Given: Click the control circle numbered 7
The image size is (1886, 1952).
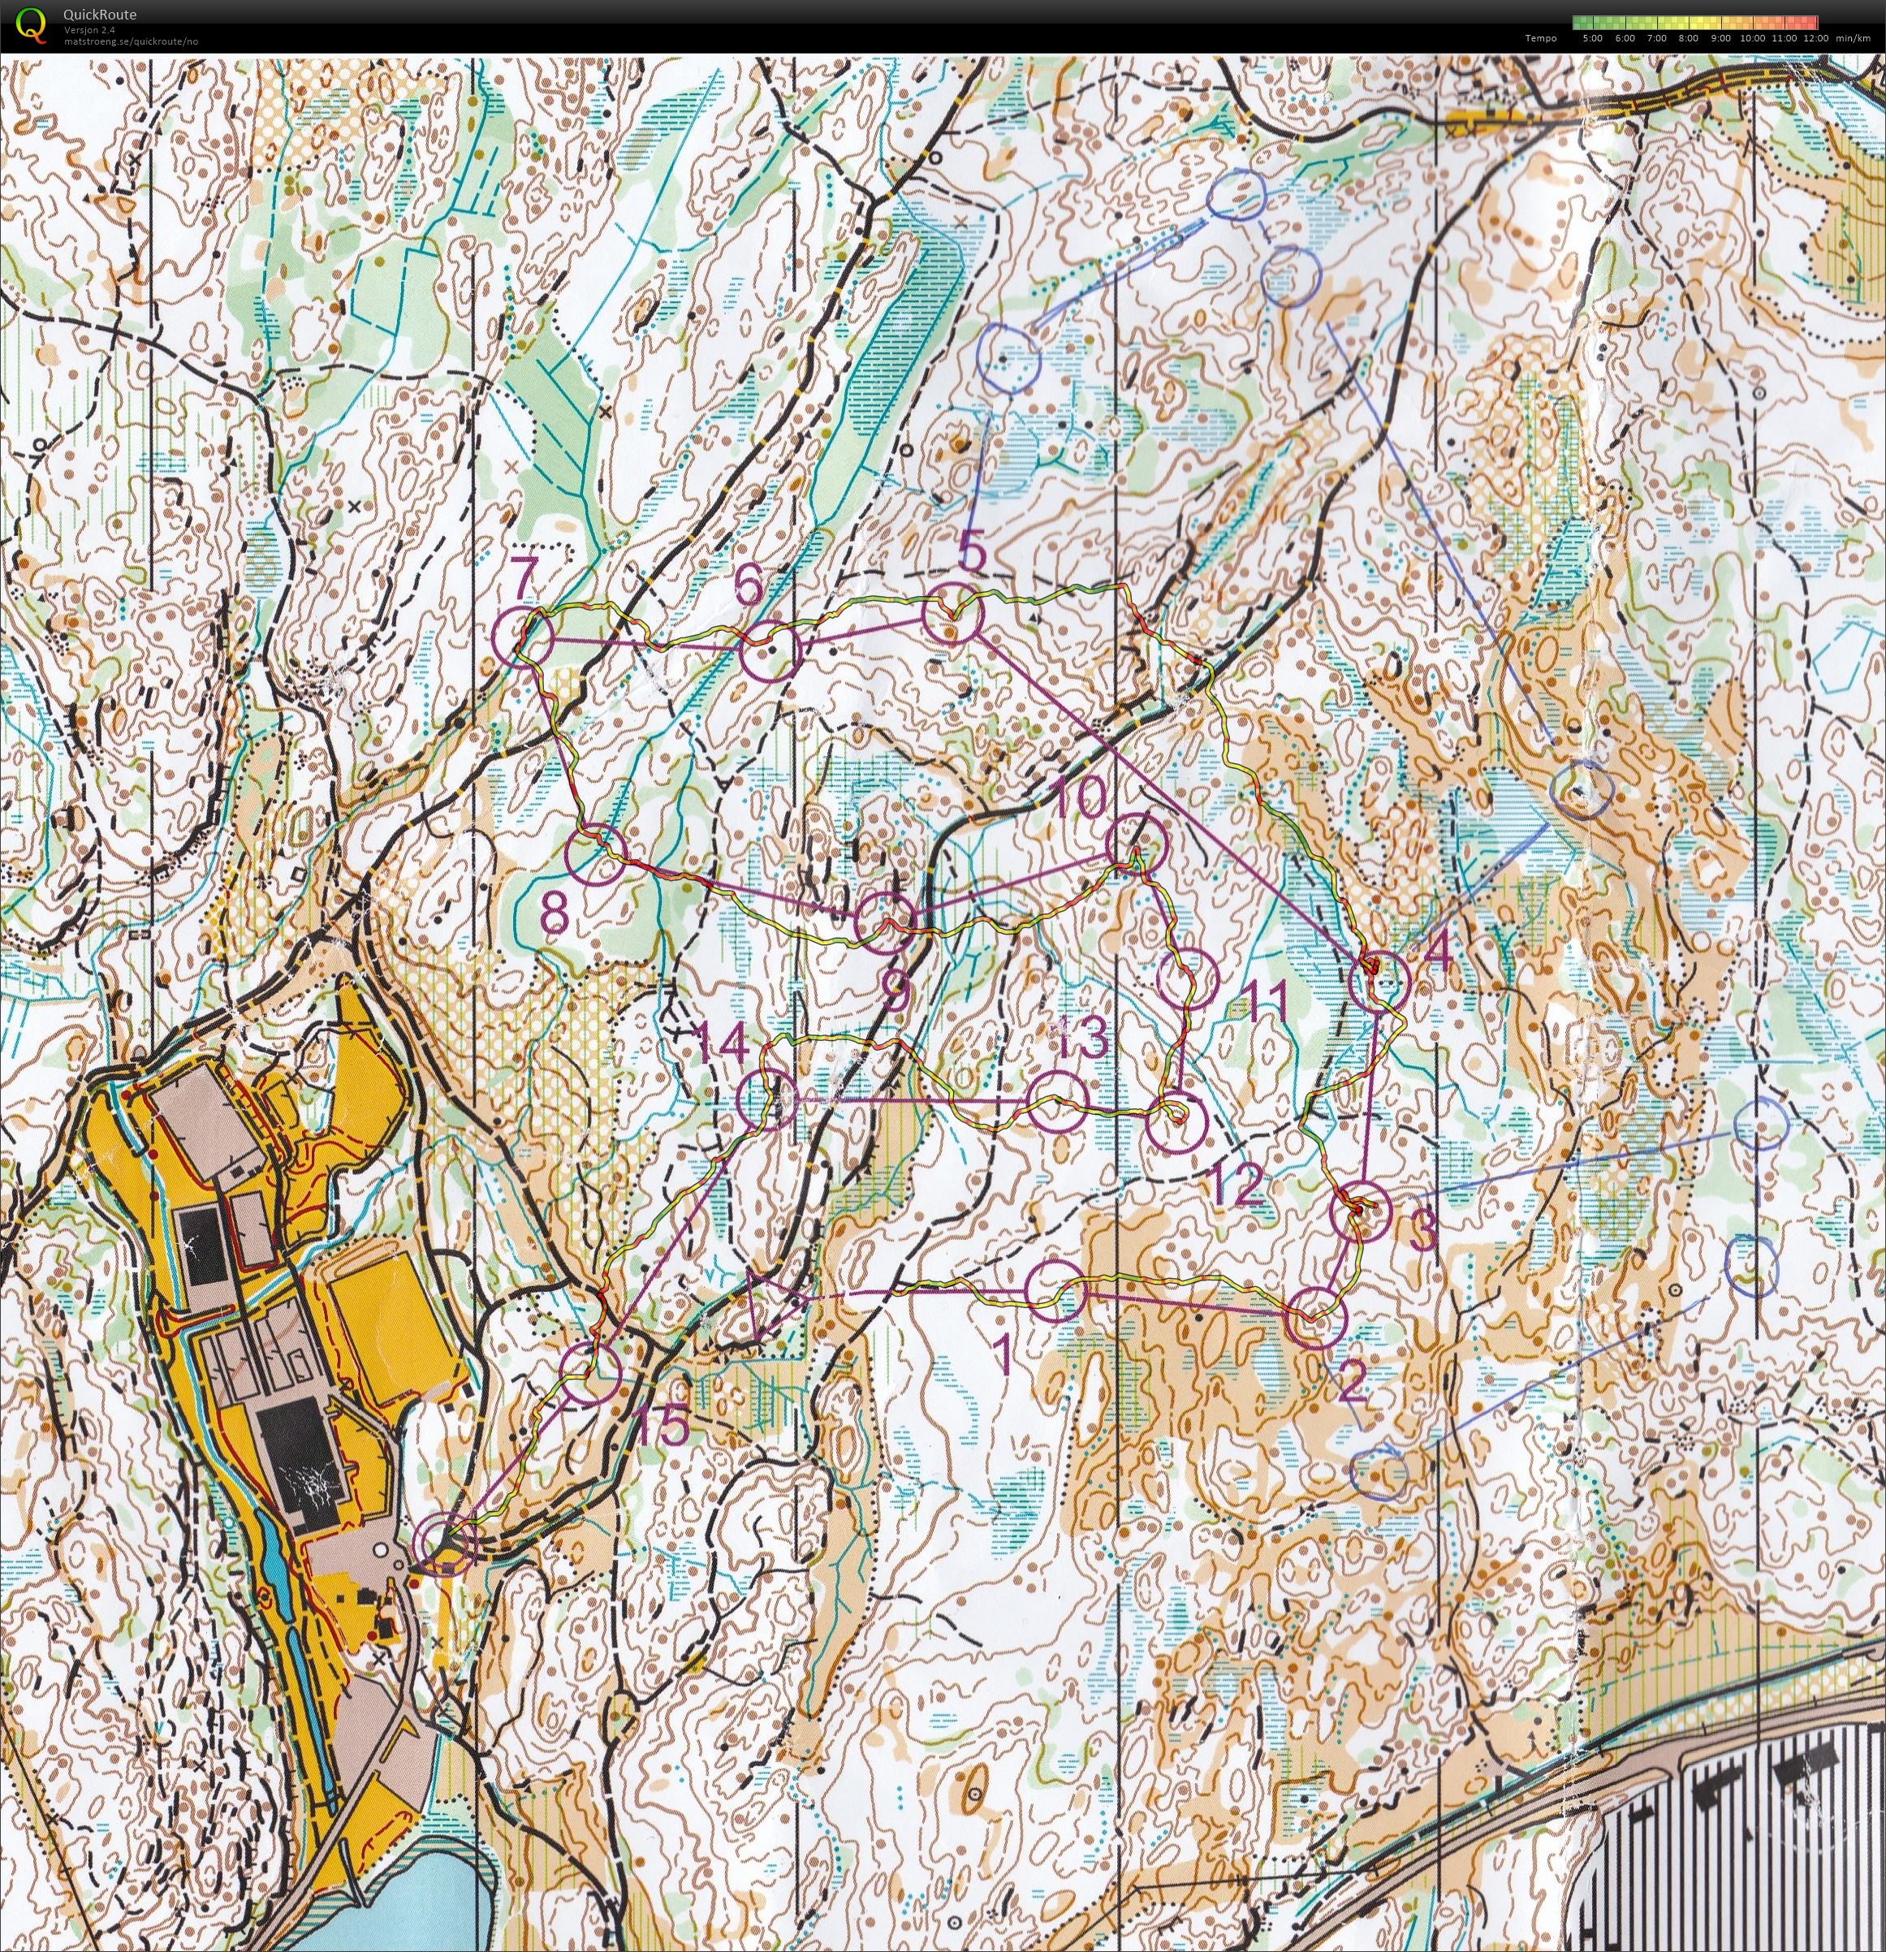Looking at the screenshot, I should [x=524, y=638].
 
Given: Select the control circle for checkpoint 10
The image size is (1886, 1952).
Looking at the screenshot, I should [x=1136, y=841].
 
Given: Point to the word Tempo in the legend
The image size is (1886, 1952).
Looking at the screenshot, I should [x=1540, y=38].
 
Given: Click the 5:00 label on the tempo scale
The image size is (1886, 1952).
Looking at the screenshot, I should [x=1591, y=38].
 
